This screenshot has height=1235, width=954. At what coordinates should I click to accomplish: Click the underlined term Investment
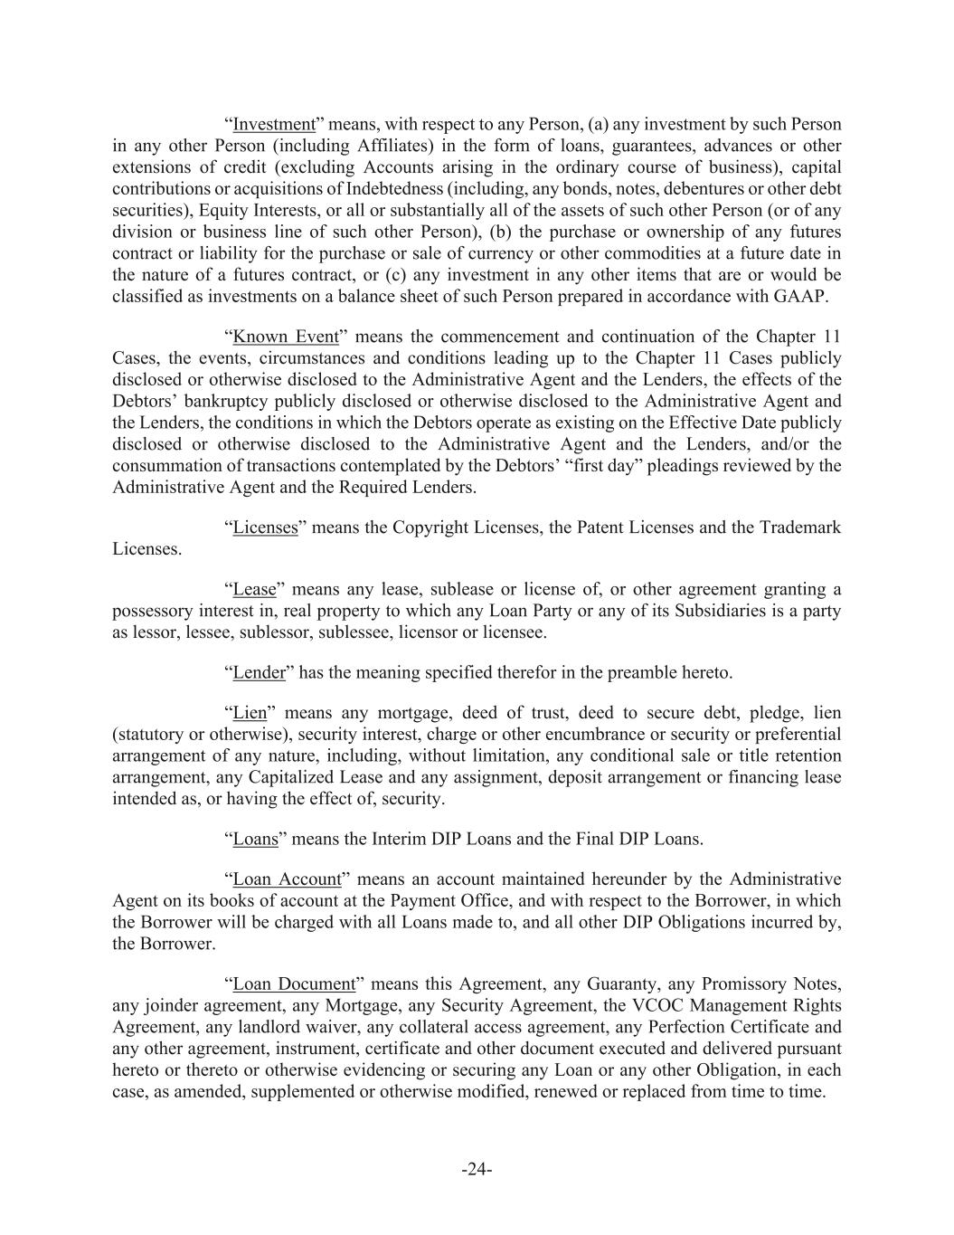coord(273,125)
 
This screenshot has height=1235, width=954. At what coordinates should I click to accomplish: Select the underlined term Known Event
coord(286,337)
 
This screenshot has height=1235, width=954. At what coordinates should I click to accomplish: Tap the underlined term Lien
coord(250,714)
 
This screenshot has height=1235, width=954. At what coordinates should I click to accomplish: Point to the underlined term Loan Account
coord(287,879)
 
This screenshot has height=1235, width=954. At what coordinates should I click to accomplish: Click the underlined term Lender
coord(259,673)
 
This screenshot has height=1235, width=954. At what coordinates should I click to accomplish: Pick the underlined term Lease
coord(254,590)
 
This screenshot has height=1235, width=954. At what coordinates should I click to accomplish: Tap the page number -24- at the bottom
coord(477,1170)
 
